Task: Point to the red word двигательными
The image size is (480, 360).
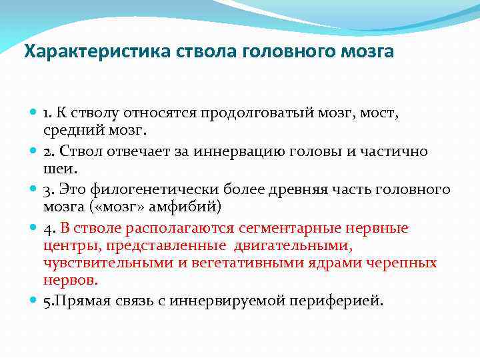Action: pos(299,245)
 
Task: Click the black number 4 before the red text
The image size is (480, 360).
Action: pos(49,228)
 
